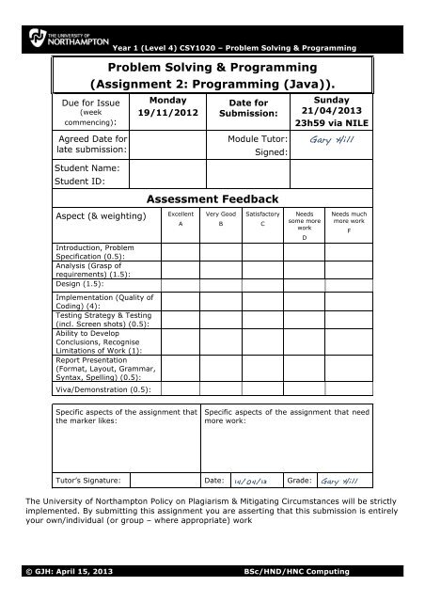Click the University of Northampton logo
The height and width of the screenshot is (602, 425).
pos(58,42)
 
